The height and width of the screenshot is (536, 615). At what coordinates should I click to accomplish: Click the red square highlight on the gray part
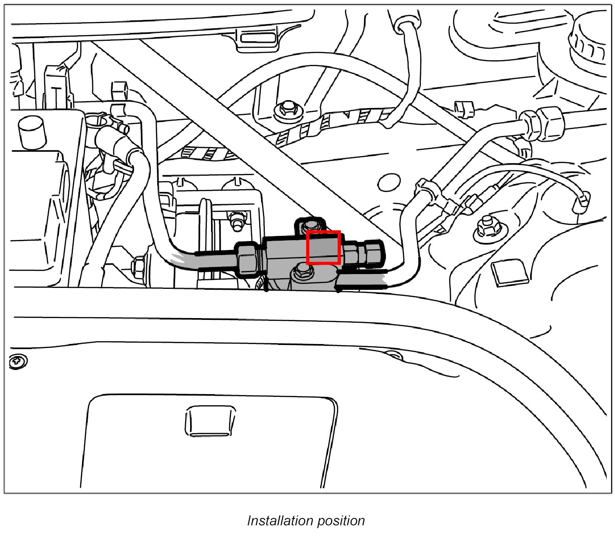[x=324, y=248]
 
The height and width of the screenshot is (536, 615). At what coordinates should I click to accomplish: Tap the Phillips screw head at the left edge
[x=19, y=360]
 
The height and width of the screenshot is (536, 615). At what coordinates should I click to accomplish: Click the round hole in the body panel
[x=390, y=182]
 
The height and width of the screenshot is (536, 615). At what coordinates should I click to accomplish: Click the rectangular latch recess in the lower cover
[x=209, y=421]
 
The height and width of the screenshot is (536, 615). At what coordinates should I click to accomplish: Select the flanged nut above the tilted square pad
[x=487, y=227]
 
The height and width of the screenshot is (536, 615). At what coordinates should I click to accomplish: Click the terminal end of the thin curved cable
[x=582, y=200]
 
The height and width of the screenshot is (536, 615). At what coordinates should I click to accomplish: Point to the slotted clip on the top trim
[x=256, y=38]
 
